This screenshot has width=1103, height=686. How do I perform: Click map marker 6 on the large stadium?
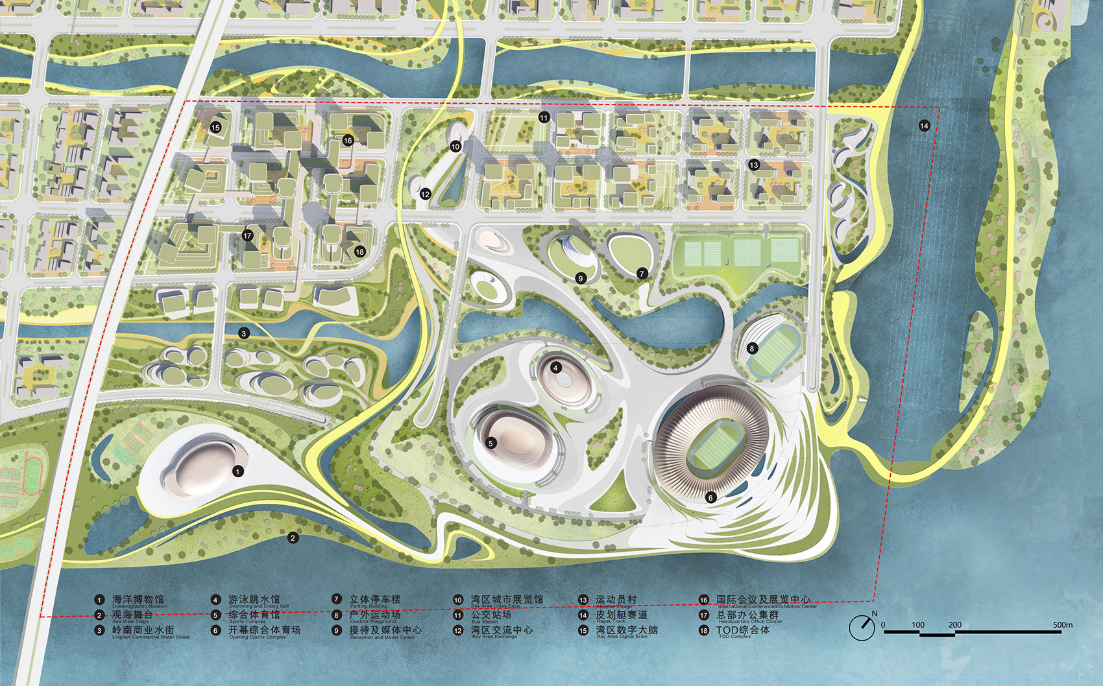point(710,497)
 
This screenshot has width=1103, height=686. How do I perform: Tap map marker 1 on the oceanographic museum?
point(238,471)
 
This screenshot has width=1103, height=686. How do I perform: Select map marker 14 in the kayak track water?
point(924,126)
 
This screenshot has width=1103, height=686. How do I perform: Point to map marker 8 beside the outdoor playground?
point(752,348)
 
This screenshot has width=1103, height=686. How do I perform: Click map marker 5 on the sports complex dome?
point(491,444)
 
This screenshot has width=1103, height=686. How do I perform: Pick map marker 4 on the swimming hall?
point(555,368)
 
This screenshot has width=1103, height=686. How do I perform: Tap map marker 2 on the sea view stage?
point(293,538)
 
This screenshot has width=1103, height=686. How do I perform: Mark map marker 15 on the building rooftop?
point(215,128)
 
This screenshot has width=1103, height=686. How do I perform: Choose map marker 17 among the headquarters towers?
point(247,235)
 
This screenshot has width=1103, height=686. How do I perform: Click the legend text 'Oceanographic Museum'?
point(139,607)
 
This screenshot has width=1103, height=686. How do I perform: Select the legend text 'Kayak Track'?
point(611,621)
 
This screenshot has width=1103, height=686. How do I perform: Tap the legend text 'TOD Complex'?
point(734,637)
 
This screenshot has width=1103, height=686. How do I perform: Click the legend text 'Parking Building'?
point(368,607)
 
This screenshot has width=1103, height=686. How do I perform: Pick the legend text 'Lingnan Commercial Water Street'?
point(151,637)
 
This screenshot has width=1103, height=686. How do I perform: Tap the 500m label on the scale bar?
point(1062,625)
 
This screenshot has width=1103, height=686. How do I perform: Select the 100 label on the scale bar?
point(917,625)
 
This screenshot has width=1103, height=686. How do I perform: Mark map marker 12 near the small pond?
point(425,194)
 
